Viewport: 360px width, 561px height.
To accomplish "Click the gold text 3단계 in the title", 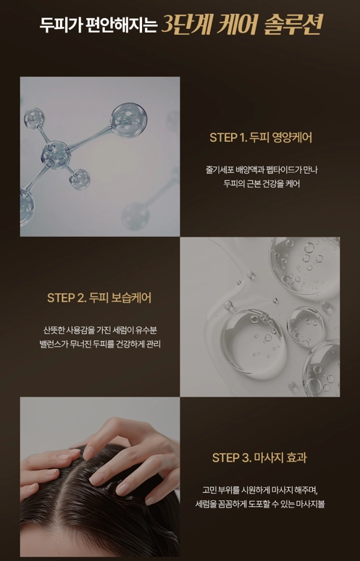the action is [x=185, y=25].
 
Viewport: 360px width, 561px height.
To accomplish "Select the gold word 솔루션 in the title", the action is [x=293, y=25].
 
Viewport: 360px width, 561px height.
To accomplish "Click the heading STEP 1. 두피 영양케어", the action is [x=261, y=138].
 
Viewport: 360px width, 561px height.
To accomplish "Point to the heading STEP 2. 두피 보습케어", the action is [x=99, y=298].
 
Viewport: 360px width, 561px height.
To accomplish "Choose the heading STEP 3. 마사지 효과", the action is [x=259, y=457].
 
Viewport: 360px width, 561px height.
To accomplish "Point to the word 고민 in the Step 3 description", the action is [x=209, y=489].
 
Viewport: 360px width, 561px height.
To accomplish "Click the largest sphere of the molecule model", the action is [x=129, y=120].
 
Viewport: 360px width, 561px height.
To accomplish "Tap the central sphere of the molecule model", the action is [x=56, y=155].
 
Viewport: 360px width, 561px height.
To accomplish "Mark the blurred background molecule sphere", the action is [x=135, y=216].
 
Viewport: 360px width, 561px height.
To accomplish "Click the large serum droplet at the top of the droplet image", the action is [x=304, y=264].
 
